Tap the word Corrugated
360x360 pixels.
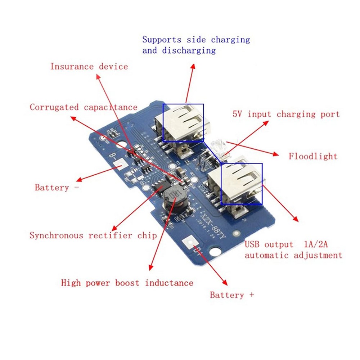[x=54, y=107]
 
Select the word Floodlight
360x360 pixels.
[x=313, y=156]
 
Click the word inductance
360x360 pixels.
[x=169, y=283]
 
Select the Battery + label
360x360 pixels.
[x=232, y=295]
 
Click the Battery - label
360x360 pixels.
[x=57, y=188]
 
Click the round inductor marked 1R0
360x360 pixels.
[x=173, y=198]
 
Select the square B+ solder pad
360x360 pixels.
[x=189, y=244]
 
